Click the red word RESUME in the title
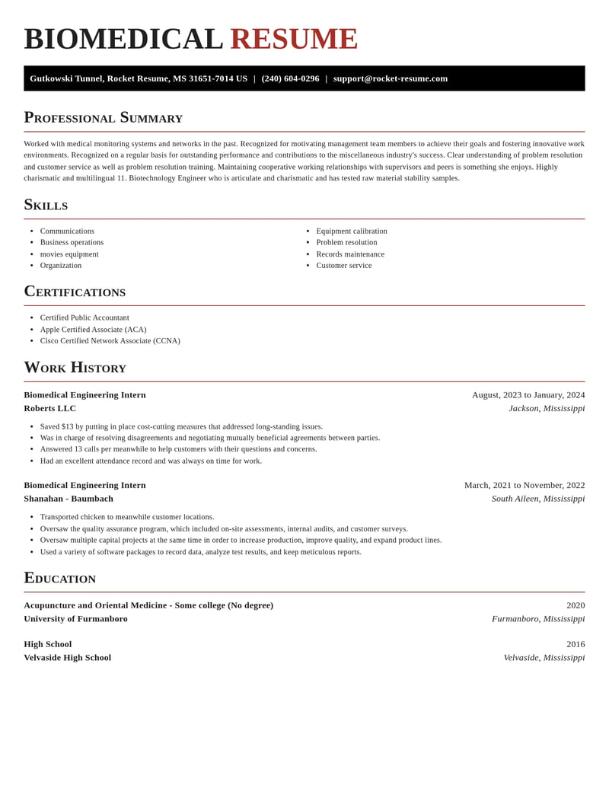(294, 39)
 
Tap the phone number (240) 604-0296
(290, 78)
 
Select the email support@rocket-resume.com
(391, 78)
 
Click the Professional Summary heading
(103, 118)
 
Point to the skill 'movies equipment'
(69, 254)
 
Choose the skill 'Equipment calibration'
(352, 231)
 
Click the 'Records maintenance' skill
(350, 254)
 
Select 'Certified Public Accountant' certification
(84, 317)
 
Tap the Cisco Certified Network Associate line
(110, 341)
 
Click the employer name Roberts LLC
(49, 408)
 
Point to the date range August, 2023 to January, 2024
(528, 395)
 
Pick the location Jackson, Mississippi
(547, 408)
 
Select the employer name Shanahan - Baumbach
(69, 499)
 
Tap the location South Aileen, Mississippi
(538, 499)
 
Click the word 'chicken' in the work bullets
(94, 517)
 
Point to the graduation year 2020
(576, 605)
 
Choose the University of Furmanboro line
(75, 619)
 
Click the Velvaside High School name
(67, 658)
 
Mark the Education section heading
(59, 578)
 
